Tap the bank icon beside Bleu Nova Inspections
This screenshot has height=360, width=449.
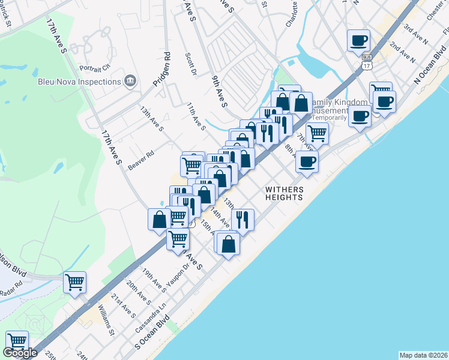point(130,81)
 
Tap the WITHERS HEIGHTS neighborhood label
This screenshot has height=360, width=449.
point(285,194)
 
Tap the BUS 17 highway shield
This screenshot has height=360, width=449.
point(367,61)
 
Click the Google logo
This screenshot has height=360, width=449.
point(20,353)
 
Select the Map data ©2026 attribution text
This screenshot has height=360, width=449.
point(423,355)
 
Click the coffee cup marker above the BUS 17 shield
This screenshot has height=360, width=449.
point(359,41)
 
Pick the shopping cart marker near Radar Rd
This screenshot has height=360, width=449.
point(74,282)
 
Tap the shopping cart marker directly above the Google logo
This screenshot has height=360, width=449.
point(17,341)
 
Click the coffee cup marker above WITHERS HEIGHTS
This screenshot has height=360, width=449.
point(307,161)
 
